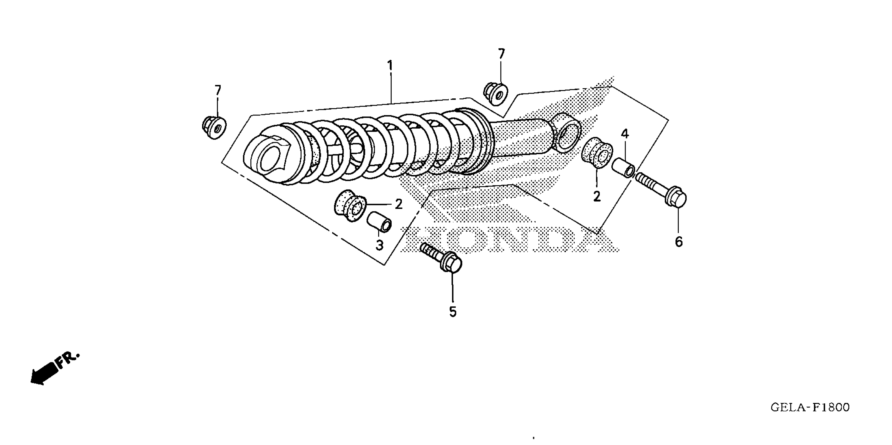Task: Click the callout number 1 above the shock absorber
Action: (x=390, y=65)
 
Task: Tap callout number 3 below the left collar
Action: (x=380, y=246)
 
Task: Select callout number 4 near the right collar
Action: (x=625, y=134)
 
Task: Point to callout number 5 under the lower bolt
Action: (x=453, y=312)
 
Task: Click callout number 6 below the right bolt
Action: (x=679, y=242)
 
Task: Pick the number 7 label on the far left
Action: (x=218, y=91)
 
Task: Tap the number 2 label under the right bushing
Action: (x=597, y=197)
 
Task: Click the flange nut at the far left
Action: (x=214, y=128)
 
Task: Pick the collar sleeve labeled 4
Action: (x=623, y=168)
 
